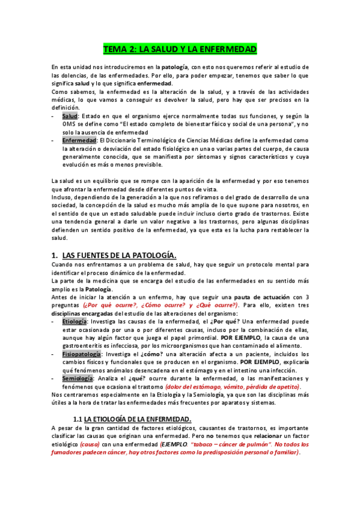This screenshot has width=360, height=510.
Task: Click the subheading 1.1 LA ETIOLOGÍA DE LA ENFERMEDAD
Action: pyautogui.click(x=132, y=419)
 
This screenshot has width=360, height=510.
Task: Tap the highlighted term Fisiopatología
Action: pyautogui.click(x=81, y=355)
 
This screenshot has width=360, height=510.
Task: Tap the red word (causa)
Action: pyautogui.click(x=90, y=444)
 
